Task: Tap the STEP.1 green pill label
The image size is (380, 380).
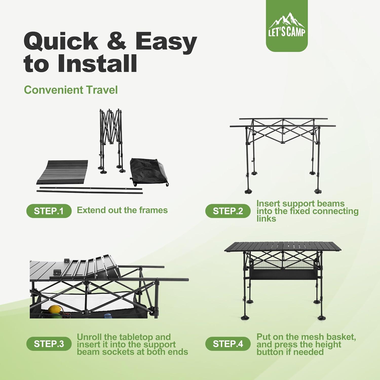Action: (x=49, y=211)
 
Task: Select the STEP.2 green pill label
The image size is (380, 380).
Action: (x=227, y=211)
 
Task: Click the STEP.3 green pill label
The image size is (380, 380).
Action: (x=49, y=344)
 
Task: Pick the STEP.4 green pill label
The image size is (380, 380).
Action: (x=227, y=344)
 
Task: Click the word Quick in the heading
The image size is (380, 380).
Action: (x=61, y=41)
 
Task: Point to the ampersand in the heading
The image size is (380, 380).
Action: (x=116, y=41)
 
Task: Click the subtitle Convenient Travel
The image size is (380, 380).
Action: (x=71, y=90)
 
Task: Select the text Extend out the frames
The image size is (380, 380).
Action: (x=122, y=210)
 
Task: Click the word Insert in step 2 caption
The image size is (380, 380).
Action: (x=268, y=203)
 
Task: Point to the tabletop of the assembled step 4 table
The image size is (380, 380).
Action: (x=282, y=246)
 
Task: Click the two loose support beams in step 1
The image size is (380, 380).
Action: (x=90, y=190)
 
